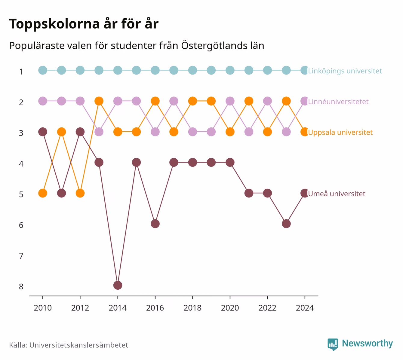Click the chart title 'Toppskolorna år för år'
point(84,24)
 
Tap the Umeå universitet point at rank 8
point(118,285)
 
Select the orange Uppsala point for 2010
point(43,193)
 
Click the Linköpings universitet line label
point(345,71)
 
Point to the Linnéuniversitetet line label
point(338,102)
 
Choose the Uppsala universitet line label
point(340,133)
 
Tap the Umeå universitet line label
point(337,194)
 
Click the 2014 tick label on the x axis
point(118,308)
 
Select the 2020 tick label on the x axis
point(230,308)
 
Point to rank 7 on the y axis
point(21,256)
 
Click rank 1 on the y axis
point(21,72)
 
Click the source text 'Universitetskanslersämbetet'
point(79,345)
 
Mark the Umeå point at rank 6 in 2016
point(155,224)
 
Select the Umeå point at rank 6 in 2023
point(286,224)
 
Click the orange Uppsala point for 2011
point(61,132)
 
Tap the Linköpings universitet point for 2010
point(43,70)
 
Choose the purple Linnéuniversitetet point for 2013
point(99,132)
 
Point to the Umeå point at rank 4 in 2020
point(230,162)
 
